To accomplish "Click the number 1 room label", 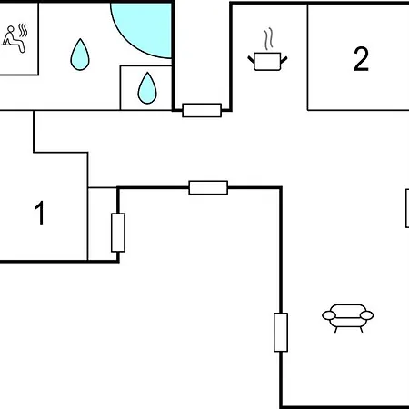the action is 40,214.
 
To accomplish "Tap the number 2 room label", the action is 361,59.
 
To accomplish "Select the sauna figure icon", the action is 15,38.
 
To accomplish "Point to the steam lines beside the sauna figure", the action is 23,31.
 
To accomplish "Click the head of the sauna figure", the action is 11,29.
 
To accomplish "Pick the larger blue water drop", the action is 80,55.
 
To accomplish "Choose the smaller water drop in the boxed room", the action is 147,88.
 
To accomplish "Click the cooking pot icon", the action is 267,61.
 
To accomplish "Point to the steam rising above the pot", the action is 268,39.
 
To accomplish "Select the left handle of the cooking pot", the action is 251,59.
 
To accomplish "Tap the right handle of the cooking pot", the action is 284,59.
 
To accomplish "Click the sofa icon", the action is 348,318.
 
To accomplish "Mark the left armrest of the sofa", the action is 329,315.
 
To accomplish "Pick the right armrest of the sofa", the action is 366,315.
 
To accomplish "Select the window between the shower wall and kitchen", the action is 202,110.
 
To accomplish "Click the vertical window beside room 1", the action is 118,233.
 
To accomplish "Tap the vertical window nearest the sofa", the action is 281,333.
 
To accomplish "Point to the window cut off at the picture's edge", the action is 407,208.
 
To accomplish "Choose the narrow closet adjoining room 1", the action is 103,224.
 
